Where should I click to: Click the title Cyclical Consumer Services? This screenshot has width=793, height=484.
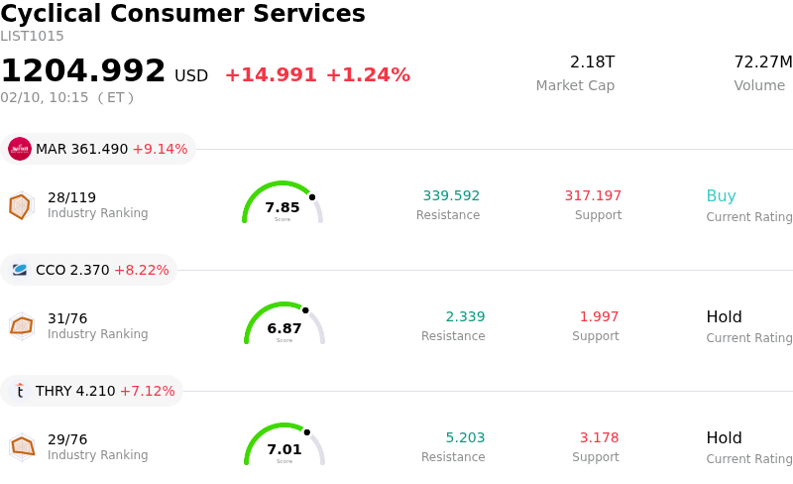[x=182, y=14]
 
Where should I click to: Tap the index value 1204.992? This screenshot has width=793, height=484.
[x=83, y=70]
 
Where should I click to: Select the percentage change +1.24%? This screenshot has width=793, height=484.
[x=368, y=75]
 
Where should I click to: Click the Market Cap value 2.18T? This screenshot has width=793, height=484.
[x=592, y=62]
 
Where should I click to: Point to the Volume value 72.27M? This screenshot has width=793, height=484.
[x=762, y=62]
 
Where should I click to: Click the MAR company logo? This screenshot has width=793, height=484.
[x=20, y=149]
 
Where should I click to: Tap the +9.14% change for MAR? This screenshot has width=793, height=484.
[x=160, y=149]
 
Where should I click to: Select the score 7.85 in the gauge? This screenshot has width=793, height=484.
[x=283, y=207]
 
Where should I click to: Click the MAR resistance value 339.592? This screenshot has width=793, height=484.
[x=451, y=195]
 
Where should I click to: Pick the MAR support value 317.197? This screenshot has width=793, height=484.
[x=593, y=195]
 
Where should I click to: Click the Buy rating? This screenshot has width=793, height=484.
[x=721, y=195]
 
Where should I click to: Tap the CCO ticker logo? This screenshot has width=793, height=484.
[x=20, y=270]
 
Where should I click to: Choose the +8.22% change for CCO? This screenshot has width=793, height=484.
[x=142, y=270]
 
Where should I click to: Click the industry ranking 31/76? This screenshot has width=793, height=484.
[x=67, y=318]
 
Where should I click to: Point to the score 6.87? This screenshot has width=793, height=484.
[x=284, y=328]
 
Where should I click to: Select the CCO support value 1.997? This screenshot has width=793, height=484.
[x=599, y=316]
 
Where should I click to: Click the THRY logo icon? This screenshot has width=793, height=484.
[x=20, y=391]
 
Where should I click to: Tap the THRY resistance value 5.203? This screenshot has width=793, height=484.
[x=465, y=437]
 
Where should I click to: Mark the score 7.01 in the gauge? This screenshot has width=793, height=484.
[x=284, y=449]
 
